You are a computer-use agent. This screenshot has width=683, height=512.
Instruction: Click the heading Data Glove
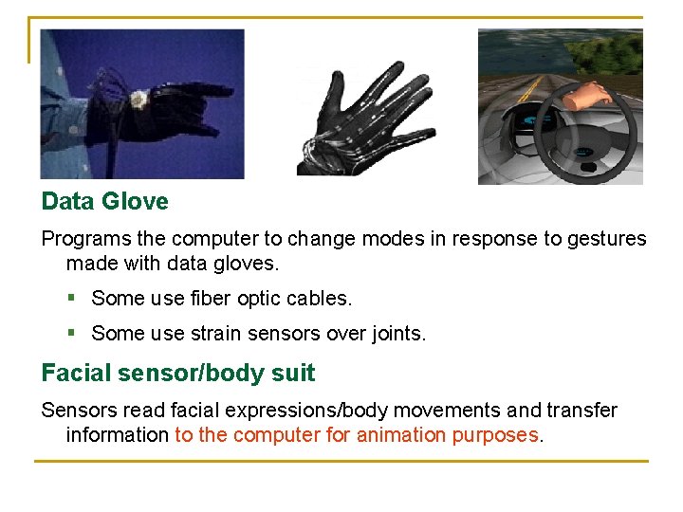point(104,202)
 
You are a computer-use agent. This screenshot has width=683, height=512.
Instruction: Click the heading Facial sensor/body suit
point(177,374)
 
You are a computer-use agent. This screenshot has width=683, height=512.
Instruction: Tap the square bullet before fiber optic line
point(72,299)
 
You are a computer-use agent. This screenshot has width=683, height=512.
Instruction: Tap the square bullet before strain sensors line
point(72,334)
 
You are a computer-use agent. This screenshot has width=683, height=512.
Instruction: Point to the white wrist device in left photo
point(138,99)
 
